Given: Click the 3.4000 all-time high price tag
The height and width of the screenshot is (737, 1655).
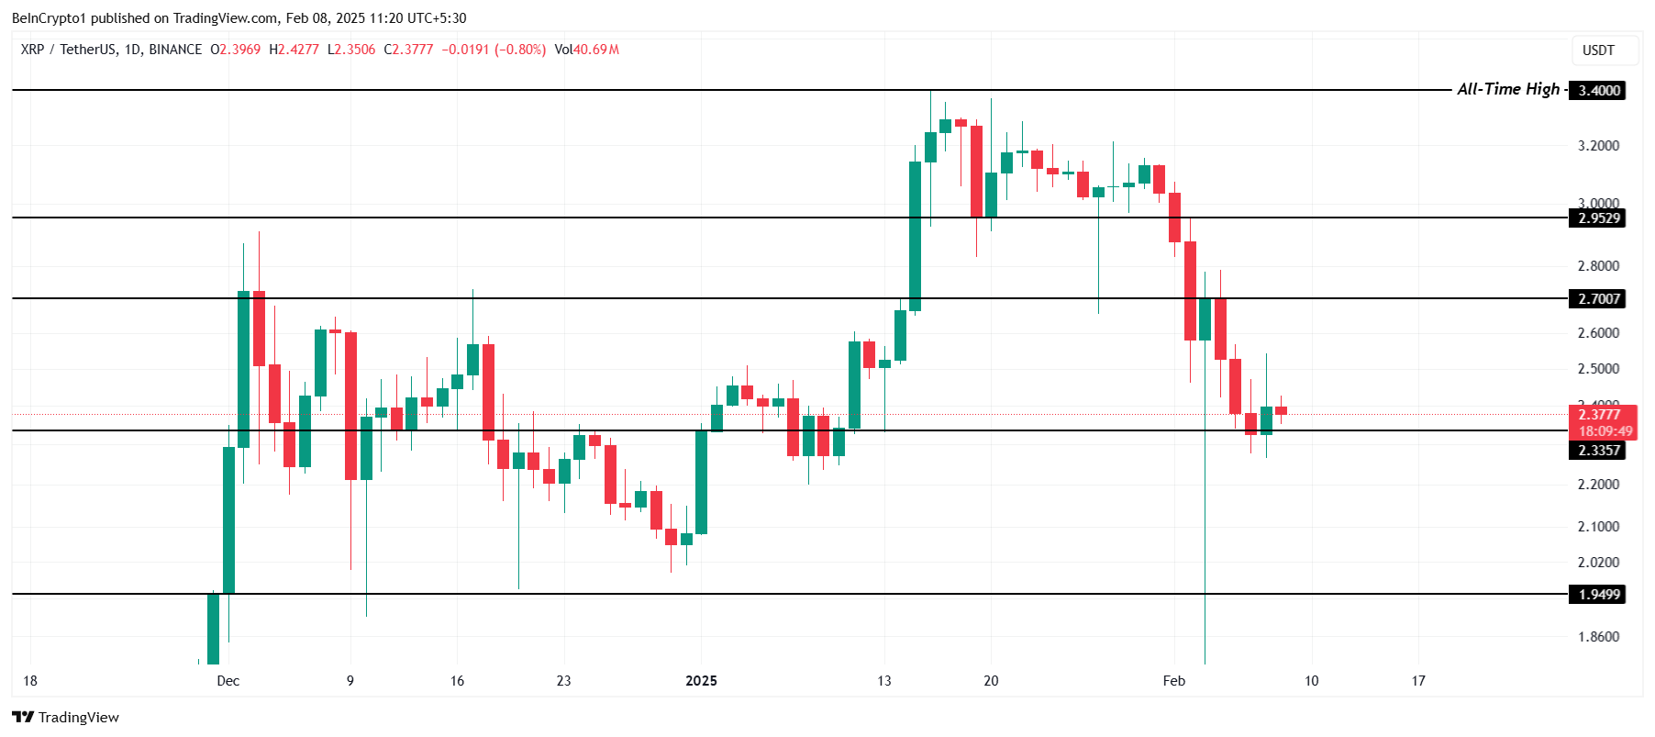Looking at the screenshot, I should pyautogui.click(x=1597, y=90).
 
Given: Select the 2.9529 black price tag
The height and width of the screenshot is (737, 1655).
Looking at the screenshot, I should pyautogui.click(x=1597, y=218).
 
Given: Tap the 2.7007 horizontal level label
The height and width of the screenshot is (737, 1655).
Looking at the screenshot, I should pyautogui.click(x=1597, y=298).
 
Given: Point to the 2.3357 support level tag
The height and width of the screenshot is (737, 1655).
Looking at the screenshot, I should pyautogui.click(x=1597, y=450).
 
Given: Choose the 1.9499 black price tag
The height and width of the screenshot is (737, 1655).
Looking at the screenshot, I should pyautogui.click(x=1597, y=594).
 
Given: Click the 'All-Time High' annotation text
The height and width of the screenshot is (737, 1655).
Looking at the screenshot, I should pyautogui.click(x=1508, y=89).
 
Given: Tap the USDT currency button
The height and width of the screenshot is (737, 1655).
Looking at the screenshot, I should pyautogui.click(x=1598, y=50).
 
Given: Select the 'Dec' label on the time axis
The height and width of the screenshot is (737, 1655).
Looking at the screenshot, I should pyautogui.click(x=228, y=680).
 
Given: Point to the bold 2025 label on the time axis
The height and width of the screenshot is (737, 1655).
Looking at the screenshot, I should pyautogui.click(x=701, y=680).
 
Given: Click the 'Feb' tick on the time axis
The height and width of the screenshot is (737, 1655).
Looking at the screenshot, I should pyautogui.click(x=1173, y=680).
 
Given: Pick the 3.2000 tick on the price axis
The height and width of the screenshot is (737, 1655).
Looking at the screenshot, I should pyautogui.click(x=1598, y=146).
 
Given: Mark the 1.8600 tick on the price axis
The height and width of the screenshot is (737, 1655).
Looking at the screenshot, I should pyautogui.click(x=1598, y=636).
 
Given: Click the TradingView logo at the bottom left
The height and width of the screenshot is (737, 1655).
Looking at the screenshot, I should pyautogui.click(x=65, y=717).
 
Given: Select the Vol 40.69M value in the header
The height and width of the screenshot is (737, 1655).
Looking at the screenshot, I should pyautogui.click(x=586, y=50).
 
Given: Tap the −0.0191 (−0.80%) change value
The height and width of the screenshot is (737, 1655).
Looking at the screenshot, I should pyautogui.click(x=494, y=50).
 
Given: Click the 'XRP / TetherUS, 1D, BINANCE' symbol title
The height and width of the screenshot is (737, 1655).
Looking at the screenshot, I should pyautogui.click(x=111, y=50).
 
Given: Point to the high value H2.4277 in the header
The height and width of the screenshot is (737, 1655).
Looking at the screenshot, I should pyautogui.click(x=294, y=50).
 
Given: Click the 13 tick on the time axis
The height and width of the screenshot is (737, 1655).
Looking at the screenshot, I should pyautogui.click(x=883, y=680).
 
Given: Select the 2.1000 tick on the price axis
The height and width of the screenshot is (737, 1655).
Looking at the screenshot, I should pyautogui.click(x=1598, y=526).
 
